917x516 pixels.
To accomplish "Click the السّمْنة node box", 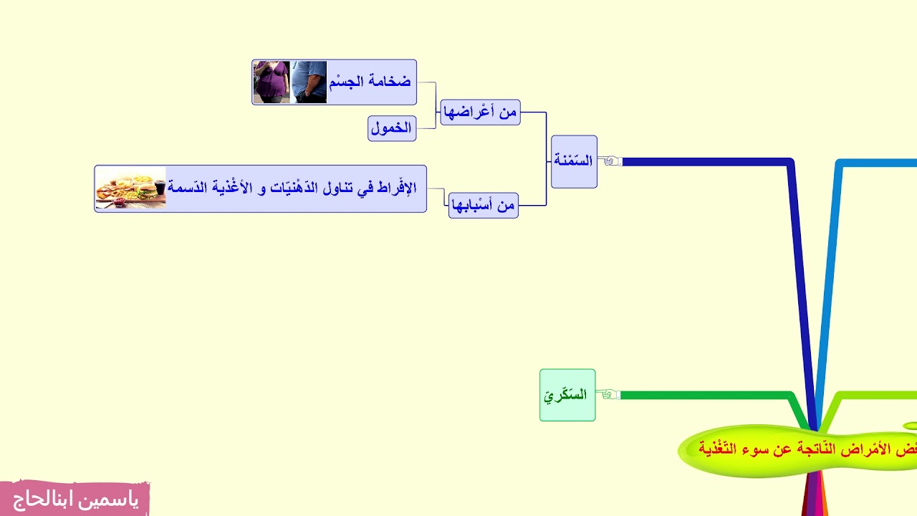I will click(x=574, y=161).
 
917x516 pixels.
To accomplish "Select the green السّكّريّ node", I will click(x=567, y=395).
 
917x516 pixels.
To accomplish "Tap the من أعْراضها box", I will click(x=480, y=113).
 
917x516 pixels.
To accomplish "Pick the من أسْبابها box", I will click(x=484, y=206).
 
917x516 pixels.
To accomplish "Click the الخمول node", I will click(x=392, y=128).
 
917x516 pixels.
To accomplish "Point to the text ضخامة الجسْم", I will click(x=370, y=82).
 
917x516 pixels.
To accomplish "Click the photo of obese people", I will click(x=290, y=82).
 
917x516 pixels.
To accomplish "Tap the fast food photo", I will click(x=131, y=188).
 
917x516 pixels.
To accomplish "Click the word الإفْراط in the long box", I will click(x=400, y=188).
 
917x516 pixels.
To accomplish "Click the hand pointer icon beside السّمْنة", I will click(x=610, y=161).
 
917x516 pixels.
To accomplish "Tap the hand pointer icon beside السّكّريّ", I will click(x=610, y=395).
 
